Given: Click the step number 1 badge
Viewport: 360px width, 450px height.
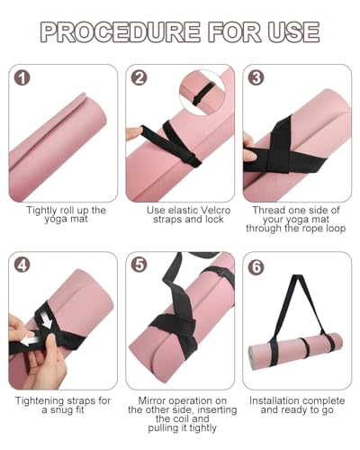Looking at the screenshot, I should coord(22,79).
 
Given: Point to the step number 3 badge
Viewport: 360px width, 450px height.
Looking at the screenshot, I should coord(256,79).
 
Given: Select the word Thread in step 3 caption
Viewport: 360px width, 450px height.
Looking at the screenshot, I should coord(266,211).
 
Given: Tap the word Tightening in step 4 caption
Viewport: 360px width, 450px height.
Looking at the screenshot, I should coord(44,399).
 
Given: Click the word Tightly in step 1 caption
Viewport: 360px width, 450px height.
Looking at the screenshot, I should coord(44,211).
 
